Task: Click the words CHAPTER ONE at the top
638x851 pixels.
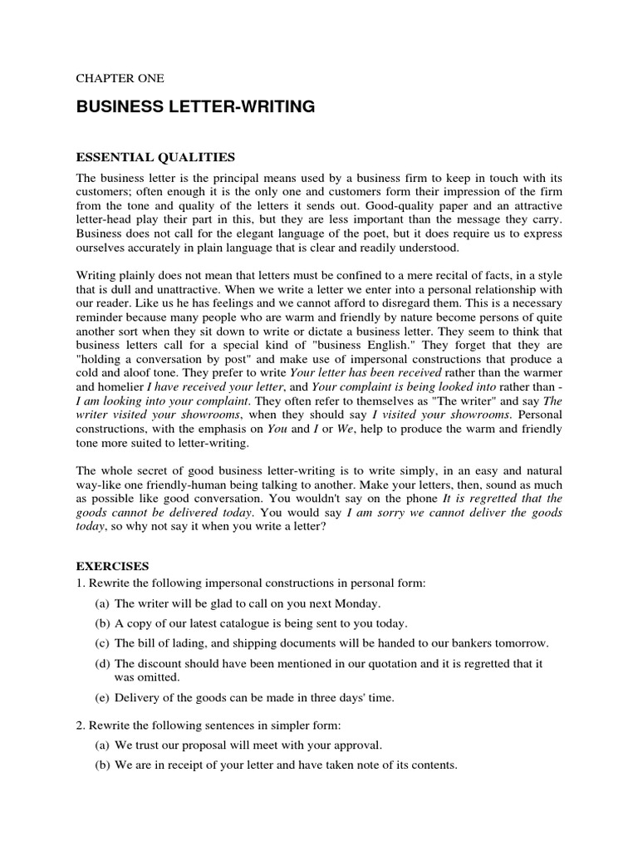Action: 120,78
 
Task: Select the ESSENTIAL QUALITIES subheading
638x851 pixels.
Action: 155,156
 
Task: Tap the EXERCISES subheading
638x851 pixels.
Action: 112,565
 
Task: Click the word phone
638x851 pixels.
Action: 418,499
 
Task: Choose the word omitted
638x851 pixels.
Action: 161,676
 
